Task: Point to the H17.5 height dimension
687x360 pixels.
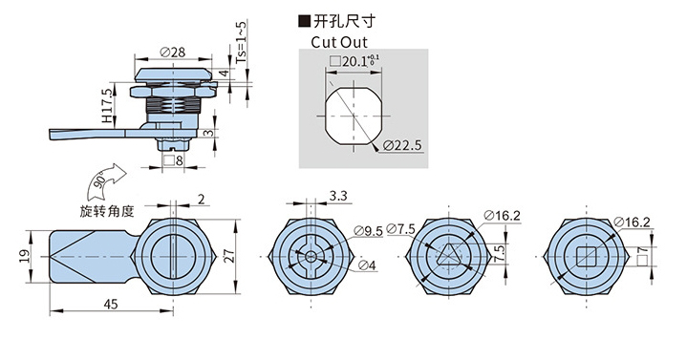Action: tap(107, 105)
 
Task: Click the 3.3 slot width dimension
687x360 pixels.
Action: tap(337, 197)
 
